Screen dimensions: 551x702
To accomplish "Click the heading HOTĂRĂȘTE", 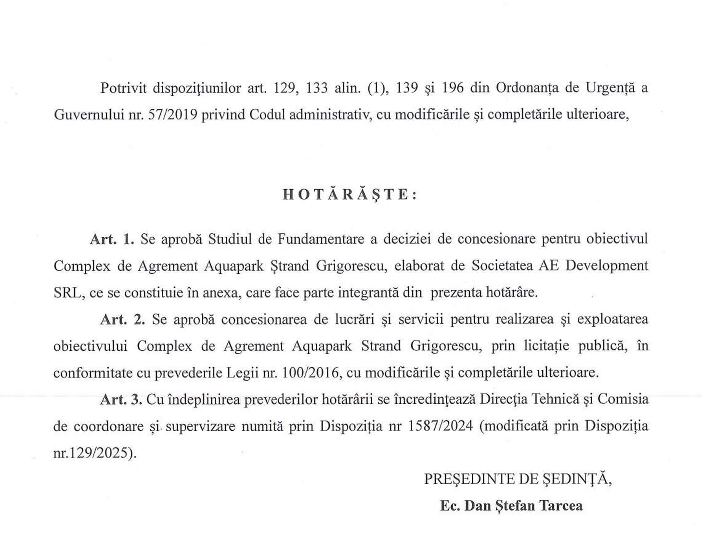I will (x=350, y=194).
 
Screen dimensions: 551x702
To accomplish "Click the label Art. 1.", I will (x=112, y=239).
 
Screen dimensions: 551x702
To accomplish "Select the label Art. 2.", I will (x=122, y=320).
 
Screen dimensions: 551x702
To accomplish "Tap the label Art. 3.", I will (x=121, y=399).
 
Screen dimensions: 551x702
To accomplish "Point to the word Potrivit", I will (x=123, y=88).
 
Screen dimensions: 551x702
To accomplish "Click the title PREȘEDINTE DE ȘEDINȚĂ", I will (x=518, y=479).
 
